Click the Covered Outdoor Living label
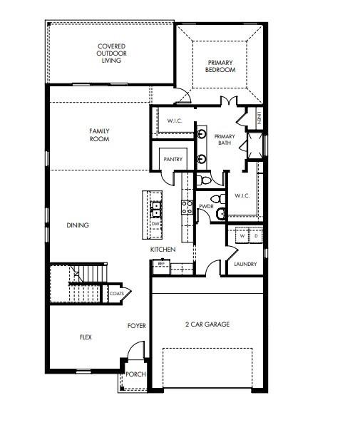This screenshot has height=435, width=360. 111,54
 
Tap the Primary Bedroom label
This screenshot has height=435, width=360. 221,66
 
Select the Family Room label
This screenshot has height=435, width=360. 99,135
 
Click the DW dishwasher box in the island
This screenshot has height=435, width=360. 155,224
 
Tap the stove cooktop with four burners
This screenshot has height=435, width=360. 187,207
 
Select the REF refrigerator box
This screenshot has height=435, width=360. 161,263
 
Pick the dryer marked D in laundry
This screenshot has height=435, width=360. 256,235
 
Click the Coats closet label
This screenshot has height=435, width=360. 117,293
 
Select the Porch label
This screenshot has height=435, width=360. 135,374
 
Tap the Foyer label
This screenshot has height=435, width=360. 137,326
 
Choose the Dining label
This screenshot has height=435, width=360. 78,225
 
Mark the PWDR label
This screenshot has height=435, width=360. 207,206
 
